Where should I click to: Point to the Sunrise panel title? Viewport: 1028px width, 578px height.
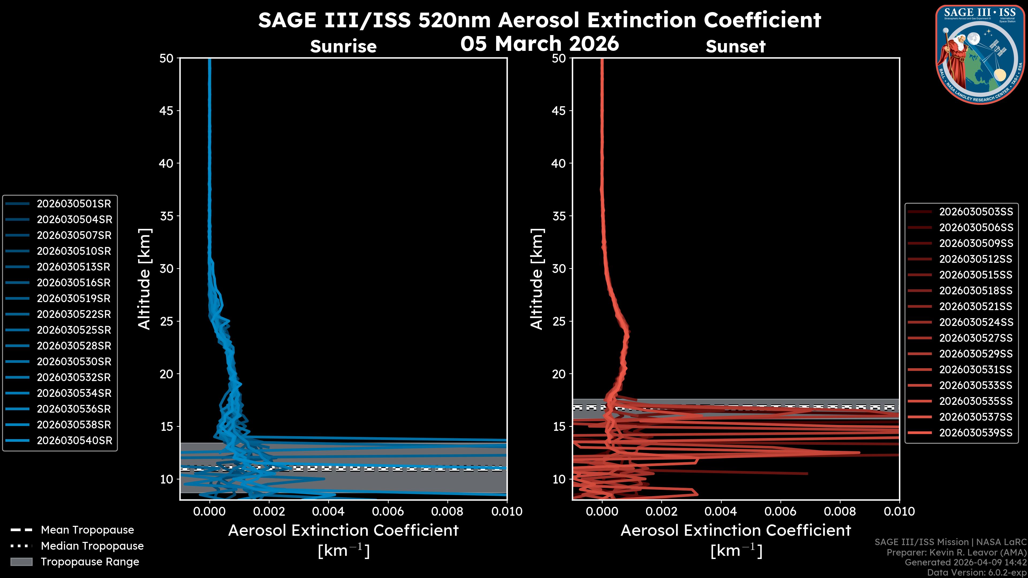343,46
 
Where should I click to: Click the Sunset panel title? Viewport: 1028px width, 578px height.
735,46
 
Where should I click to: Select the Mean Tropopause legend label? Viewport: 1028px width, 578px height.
87,530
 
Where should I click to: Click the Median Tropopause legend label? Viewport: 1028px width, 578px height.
92,546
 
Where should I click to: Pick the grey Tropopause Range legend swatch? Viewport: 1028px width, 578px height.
21,562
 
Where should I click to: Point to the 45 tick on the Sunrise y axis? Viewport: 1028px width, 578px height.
167,111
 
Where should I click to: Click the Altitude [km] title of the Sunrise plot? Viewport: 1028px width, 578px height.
144,279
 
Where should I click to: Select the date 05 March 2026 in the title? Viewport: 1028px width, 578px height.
539,43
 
